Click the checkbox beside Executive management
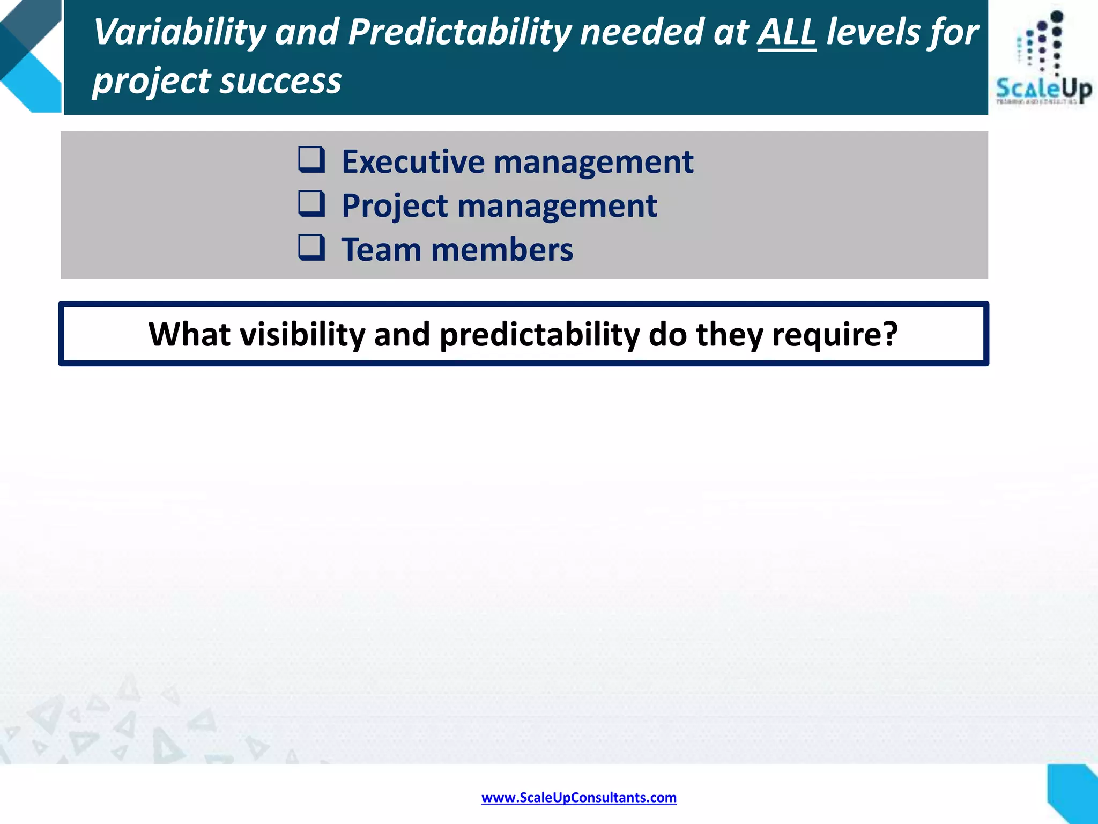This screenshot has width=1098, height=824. click(311, 160)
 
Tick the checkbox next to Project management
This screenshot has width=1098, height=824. click(311, 204)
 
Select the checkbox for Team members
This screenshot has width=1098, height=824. click(311, 248)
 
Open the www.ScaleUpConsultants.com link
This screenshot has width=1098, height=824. click(578, 798)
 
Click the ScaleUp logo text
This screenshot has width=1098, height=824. click(1043, 89)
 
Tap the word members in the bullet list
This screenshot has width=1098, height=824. click(502, 249)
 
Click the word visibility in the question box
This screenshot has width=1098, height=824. click(302, 334)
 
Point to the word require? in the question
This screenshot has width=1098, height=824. click(834, 334)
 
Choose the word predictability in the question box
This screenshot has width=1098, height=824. click(539, 334)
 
